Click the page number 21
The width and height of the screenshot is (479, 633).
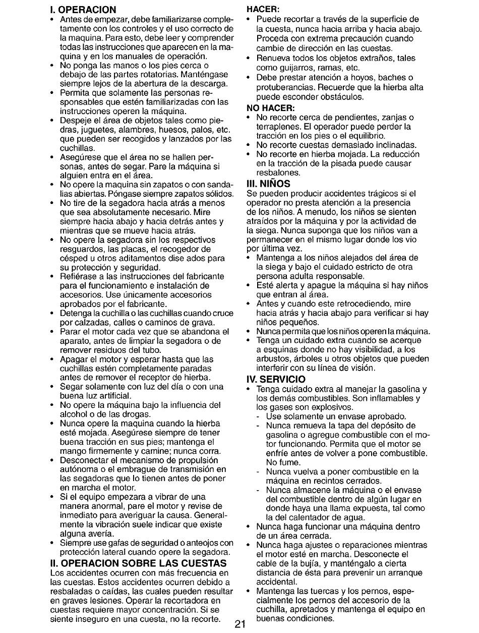pos(239,623)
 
